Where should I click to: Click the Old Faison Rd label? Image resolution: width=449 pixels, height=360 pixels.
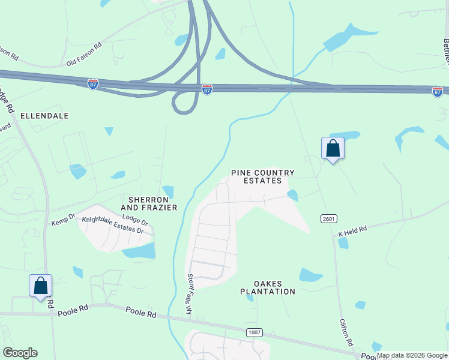84,53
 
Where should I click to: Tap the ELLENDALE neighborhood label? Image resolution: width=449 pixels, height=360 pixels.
44,115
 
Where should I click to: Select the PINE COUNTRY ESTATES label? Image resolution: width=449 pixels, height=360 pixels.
263,176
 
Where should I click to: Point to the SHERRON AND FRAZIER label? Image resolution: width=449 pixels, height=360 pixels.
153,203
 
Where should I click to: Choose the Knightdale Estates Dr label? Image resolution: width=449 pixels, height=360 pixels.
113,225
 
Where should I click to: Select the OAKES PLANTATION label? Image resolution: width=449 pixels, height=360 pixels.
267,287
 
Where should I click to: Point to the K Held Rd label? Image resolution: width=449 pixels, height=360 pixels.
352,232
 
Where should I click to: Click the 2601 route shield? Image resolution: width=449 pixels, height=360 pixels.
328,218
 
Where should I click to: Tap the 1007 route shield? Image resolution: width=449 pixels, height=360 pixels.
254,332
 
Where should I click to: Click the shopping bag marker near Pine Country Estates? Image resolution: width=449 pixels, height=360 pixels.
333,148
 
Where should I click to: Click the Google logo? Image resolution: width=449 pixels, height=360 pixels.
20,353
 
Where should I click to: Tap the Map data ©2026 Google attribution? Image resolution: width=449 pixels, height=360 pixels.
412,355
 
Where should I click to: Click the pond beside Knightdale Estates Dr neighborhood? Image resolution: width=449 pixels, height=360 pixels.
140,250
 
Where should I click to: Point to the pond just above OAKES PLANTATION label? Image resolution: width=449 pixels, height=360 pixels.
310,275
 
